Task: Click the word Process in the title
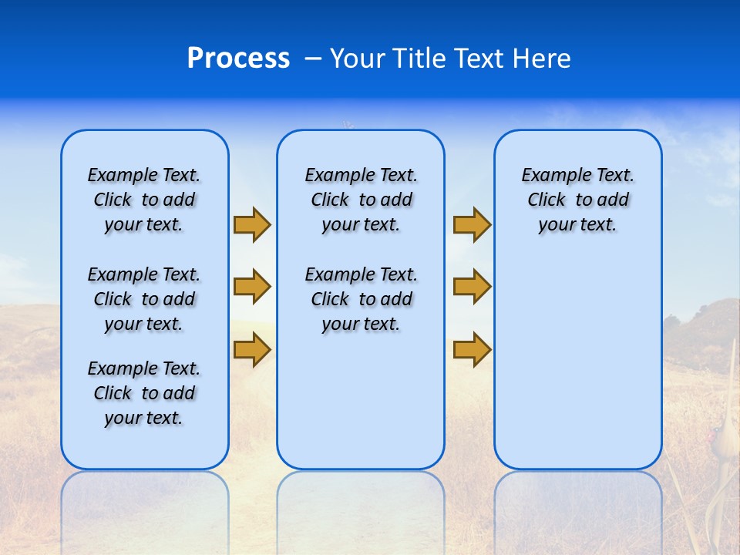point(238,59)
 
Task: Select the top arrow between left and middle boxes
point(252,225)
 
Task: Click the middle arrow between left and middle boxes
point(252,287)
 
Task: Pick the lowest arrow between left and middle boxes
point(252,349)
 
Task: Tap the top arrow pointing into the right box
point(472,225)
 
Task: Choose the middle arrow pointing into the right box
point(472,287)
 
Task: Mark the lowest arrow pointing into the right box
point(472,349)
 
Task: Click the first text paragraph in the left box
point(144,200)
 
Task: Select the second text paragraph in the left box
point(144,299)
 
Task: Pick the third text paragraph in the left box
point(144,393)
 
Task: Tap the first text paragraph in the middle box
point(361,200)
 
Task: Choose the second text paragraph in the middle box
point(361,299)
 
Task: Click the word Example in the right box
point(548,176)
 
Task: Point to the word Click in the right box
point(547,200)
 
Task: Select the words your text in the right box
point(577,225)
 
